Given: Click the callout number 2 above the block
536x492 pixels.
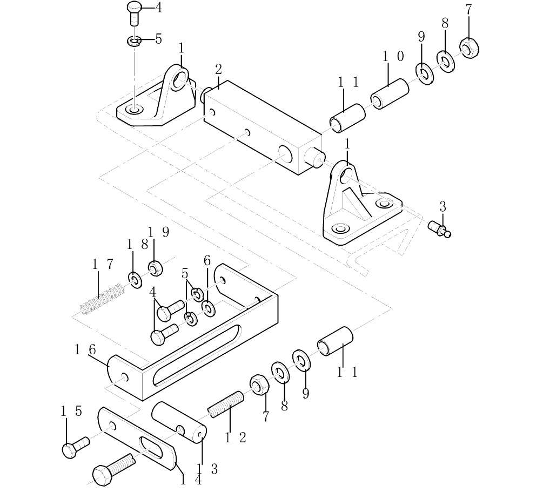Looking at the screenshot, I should [218, 69].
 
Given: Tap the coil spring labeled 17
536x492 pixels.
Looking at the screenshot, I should [103, 299].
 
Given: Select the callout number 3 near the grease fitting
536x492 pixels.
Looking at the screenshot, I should [443, 206].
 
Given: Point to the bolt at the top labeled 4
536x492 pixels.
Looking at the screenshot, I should [134, 13].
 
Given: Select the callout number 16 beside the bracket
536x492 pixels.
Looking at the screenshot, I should [85, 350].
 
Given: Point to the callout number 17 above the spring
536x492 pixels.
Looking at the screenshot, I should [102, 265].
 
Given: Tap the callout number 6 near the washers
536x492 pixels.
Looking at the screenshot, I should [206, 260].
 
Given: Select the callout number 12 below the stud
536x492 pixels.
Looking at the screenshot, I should [235, 437].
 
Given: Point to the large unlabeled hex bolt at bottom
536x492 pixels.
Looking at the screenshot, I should [111, 469].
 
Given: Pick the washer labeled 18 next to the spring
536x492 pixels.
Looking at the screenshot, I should [134, 279].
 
